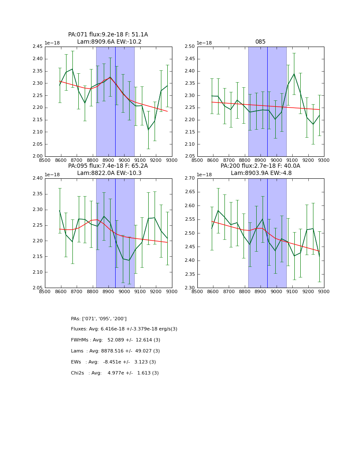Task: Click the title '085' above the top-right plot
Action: (x=260, y=42)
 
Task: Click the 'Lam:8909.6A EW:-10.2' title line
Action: (x=109, y=42)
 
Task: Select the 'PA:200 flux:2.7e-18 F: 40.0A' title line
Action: (x=260, y=166)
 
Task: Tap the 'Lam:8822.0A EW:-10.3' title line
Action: (x=109, y=173)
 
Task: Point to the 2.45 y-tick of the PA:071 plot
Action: (x=38, y=47)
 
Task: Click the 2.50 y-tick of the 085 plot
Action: (x=190, y=47)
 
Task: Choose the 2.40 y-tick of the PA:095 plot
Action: (x=38, y=178)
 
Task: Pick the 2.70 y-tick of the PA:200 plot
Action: (x=190, y=178)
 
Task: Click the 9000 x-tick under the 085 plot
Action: (x=276, y=160)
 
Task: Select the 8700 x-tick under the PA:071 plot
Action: (x=77, y=160)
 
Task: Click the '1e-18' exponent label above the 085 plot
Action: (x=204, y=43)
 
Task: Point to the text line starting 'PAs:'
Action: (x=99, y=319)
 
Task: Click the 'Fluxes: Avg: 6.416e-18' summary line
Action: (x=124, y=329)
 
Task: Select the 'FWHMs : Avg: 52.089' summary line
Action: (x=116, y=340)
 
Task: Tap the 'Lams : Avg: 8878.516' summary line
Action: (x=116, y=351)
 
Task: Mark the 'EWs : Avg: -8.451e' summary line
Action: (x=114, y=362)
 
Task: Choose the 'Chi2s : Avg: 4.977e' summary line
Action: (x=115, y=373)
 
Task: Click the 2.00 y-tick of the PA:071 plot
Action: (x=38, y=156)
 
